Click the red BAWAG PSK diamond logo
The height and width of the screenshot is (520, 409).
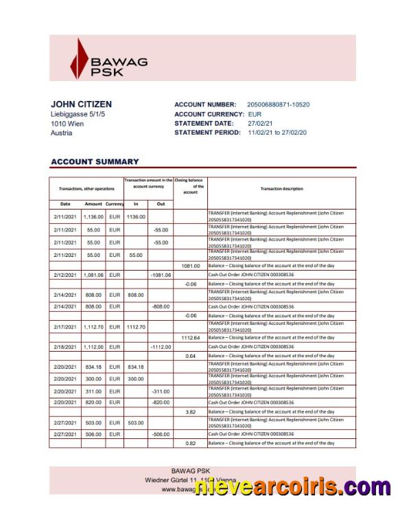pyautogui.click(x=81, y=59)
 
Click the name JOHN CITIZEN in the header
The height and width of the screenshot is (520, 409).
pyautogui.click(x=81, y=104)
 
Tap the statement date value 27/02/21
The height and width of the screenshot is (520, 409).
pyautogui.click(x=261, y=123)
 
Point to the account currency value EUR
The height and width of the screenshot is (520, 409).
pyautogui.click(x=255, y=114)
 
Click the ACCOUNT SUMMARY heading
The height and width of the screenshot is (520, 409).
pyautogui.click(x=95, y=162)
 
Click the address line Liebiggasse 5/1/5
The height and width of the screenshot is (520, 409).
pyautogui.click(x=78, y=114)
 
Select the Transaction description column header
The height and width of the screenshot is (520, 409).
pyautogui.click(x=281, y=188)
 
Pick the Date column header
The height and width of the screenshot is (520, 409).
pyautogui.click(x=65, y=204)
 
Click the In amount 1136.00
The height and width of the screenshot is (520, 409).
pyautogui.click(x=136, y=217)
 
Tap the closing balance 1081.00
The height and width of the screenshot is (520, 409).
pyautogui.click(x=190, y=265)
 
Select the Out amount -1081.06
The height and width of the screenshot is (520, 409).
pyautogui.click(x=161, y=275)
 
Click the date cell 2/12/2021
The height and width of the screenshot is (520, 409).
pyautogui.click(x=66, y=275)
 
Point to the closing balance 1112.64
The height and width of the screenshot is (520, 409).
pyautogui.click(x=190, y=338)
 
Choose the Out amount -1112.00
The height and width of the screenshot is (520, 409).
pyautogui.click(x=161, y=347)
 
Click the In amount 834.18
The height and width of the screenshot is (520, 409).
pyautogui.click(x=136, y=367)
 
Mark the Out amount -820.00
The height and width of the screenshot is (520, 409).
pyautogui.click(x=161, y=402)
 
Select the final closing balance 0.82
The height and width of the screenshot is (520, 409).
pyautogui.click(x=190, y=443)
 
